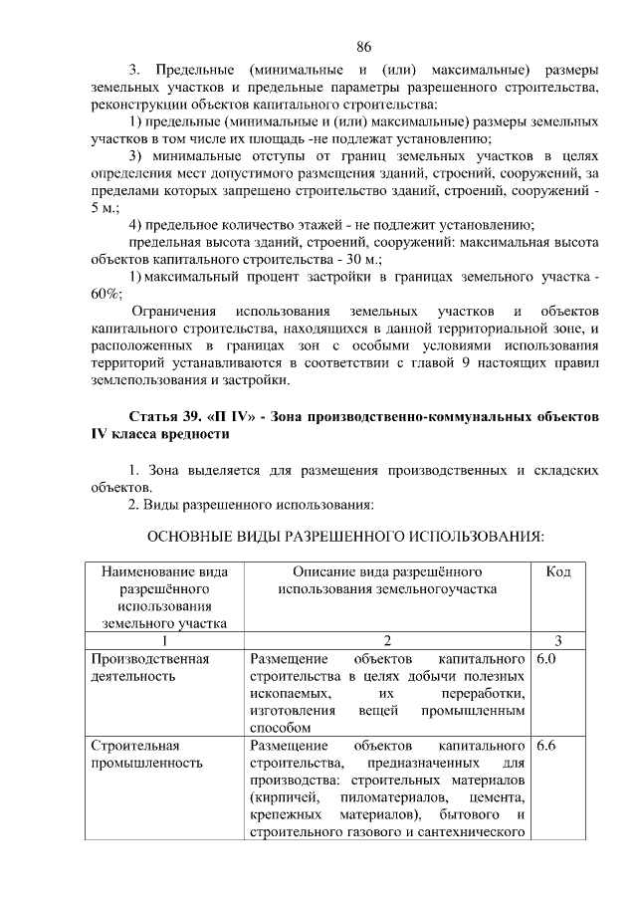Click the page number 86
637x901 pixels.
[363, 47]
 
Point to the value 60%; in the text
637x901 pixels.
[106, 293]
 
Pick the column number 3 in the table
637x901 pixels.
[558, 641]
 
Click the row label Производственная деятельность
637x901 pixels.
[149, 668]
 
